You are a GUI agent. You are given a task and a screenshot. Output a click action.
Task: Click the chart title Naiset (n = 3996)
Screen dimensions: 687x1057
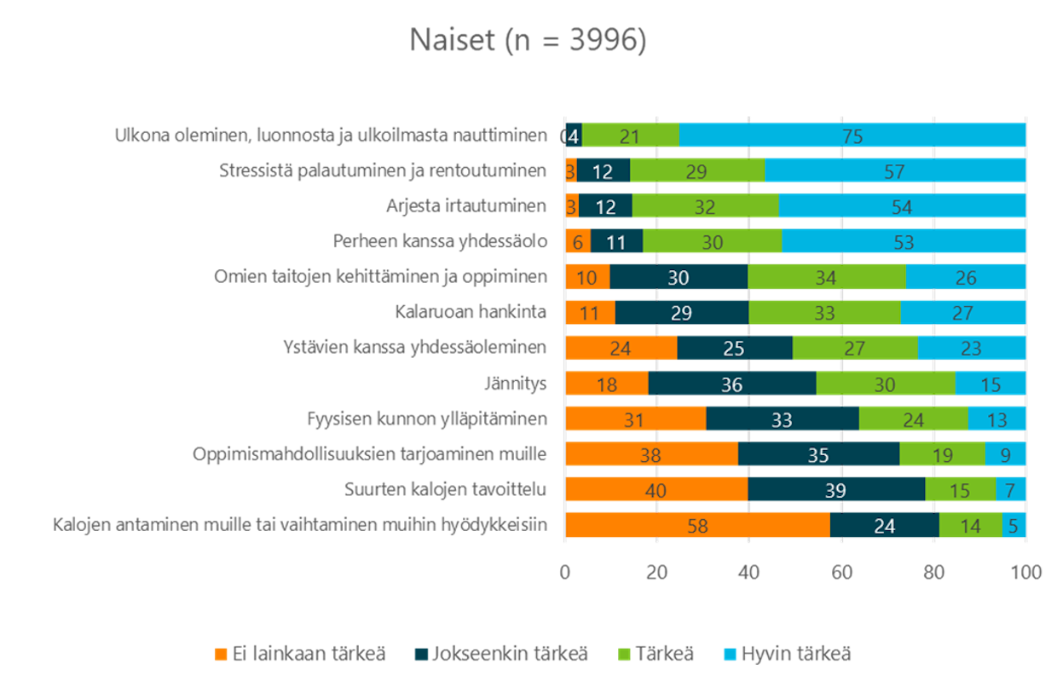coord(528,40)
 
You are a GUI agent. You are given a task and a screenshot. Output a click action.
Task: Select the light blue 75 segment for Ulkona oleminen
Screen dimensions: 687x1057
coord(852,136)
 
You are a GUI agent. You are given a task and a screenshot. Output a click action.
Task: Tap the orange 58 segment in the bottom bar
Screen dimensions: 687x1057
coord(697,526)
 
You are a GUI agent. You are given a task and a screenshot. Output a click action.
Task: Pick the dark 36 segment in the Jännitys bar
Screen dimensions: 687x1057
coord(731,384)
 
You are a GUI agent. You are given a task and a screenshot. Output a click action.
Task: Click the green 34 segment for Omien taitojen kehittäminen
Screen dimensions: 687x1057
coord(826,278)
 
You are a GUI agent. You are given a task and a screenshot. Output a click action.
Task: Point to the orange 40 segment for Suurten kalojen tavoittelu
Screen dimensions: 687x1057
coord(656,490)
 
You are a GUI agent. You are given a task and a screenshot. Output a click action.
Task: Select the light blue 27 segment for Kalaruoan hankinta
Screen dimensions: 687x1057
coord(962,313)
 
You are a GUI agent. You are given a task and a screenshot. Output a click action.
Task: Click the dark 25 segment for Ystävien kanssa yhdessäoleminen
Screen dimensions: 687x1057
coord(734,349)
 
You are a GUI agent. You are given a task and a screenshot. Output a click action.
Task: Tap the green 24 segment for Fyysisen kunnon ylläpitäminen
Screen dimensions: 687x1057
coord(913,419)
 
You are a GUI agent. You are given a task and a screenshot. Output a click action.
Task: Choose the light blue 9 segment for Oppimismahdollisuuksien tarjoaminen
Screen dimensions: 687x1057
coord(1005,455)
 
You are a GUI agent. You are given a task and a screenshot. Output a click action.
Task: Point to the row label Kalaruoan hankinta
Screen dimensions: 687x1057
coord(471,312)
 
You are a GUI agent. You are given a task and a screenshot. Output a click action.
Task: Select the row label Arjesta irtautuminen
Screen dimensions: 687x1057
coord(465,206)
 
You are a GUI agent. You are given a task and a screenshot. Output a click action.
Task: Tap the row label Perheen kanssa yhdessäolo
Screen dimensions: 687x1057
coord(439,241)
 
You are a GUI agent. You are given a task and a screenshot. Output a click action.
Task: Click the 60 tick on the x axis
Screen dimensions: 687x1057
coord(841,572)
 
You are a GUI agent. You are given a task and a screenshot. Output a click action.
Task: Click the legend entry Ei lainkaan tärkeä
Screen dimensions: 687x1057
coord(309,655)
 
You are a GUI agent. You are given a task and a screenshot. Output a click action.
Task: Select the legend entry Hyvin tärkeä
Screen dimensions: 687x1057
coord(796,655)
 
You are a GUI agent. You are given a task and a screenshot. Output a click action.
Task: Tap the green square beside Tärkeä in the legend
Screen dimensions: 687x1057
coord(622,655)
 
